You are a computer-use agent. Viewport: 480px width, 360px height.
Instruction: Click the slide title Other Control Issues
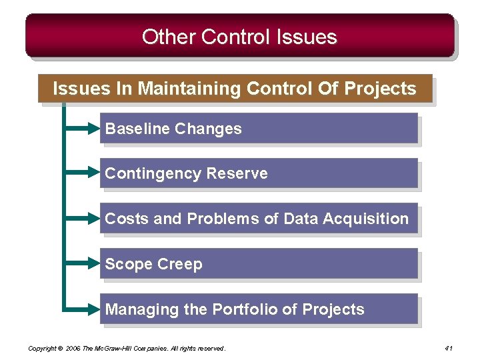pyautogui.click(x=239, y=37)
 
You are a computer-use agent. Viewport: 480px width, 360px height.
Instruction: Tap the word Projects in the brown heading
pyautogui.click(x=380, y=89)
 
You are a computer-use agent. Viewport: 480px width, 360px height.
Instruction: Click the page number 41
pyautogui.click(x=448, y=348)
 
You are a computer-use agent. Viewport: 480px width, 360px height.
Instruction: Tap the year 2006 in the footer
pyautogui.click(x=74, y=348)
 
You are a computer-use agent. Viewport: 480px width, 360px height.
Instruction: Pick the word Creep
pyautogui.click(x=179, y=264)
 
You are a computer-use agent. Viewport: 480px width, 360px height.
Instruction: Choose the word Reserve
pyautogui.click(x=237, y=173)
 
